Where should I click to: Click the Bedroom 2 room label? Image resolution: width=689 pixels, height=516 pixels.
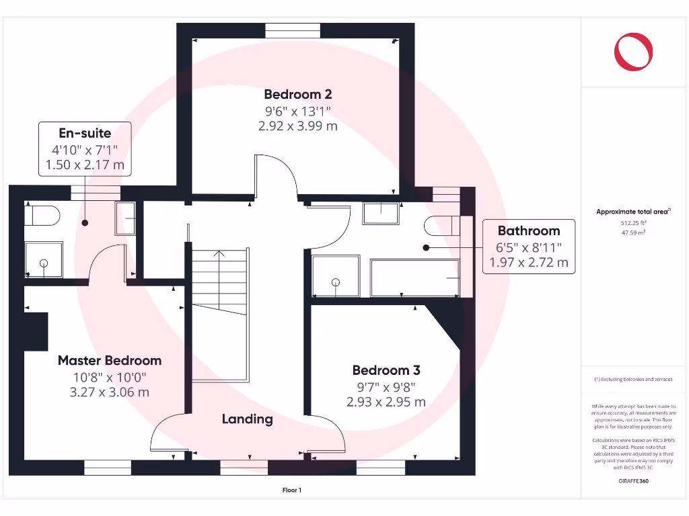[x=297, y=95]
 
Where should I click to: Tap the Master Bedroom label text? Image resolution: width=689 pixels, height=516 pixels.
[x=110, y=361]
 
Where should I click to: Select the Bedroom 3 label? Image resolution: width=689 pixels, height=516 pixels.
[x=386, y=370]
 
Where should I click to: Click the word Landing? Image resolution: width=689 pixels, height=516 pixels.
[x=248, y=419]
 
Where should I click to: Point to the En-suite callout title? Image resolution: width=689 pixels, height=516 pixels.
[x=85, y=133]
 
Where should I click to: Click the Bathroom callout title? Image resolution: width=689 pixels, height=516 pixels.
[x=529, y=231]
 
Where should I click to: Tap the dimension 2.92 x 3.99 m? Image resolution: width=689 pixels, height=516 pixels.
[x=297, y=126]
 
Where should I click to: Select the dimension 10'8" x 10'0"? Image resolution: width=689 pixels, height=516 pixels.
[x=110, y=378]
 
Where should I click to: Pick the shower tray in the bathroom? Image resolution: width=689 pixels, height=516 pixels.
[x=335, y=276]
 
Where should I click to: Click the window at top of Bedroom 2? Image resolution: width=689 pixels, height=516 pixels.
[x=292, y=30]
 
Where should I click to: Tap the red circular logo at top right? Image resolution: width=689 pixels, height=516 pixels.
[x=634, y=52]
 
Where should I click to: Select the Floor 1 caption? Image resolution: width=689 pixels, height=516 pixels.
[x=291, y=490]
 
